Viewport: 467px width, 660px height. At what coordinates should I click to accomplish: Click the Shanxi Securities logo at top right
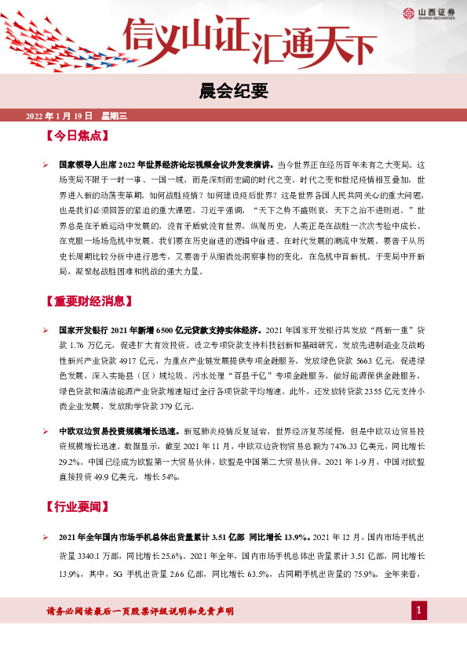pyautogui.click(x=430, y=13)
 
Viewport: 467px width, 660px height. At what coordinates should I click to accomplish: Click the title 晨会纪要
pyautogui.click(x=233, y=92)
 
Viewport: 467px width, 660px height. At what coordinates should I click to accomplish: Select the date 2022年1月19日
pyautogui.click(x=60, y=116)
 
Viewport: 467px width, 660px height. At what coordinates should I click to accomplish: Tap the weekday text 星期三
pyautogui.click(x=114, y=116)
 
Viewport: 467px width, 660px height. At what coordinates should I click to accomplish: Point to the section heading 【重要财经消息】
pyautogui.click(x=89, y=300)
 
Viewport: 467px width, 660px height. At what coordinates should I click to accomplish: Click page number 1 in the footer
pyautogui.click(x=419, y=611)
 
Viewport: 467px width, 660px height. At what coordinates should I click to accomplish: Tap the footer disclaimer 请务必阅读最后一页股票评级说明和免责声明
pyautogui.click(x=140, y=611)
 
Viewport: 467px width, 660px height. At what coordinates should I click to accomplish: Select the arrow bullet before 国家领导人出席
pyautogui.click(x=46, y=166)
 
